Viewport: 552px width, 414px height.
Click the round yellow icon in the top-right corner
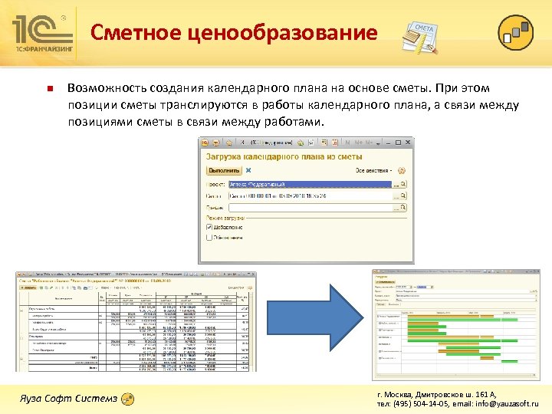515,32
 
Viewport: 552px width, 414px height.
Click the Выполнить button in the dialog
224,170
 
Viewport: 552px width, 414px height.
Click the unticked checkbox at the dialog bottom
209,237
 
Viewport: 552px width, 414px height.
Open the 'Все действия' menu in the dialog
373,170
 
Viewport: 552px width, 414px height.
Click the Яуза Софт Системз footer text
69,399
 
